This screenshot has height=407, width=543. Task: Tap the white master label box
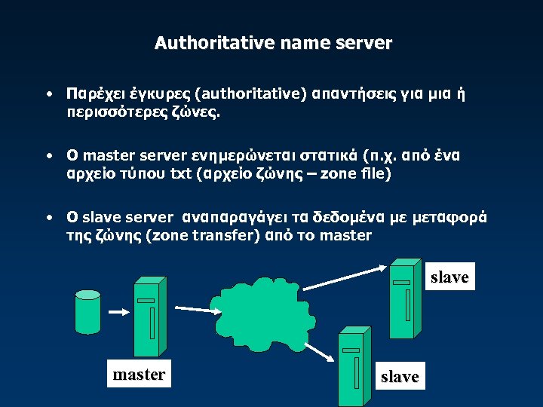[139, 374]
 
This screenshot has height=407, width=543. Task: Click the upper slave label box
[449, 277]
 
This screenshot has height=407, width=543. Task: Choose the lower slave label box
[400, 376]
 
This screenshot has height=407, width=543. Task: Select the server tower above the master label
[146, 317]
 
